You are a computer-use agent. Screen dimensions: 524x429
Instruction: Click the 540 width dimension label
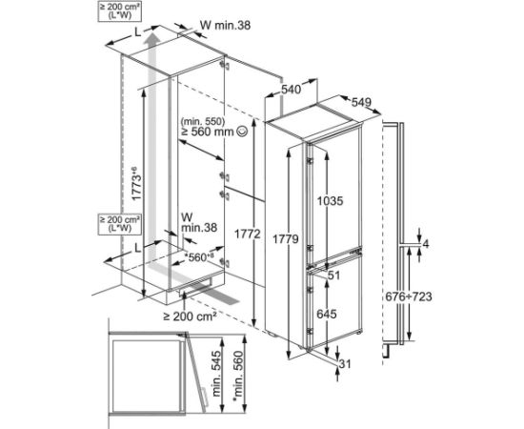pyautogui.click(x=292, y=90)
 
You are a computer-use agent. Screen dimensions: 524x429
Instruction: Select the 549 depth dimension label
pyautogui.click(x=361, y=102)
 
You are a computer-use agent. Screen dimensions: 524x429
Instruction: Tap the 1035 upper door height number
pyautogui.click(x=331, y=200)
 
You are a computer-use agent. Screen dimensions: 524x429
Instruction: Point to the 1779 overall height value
pyautogui.click(x=285, y=238)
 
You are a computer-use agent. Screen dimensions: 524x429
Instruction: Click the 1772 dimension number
pyautogui.click(x=247, y=235)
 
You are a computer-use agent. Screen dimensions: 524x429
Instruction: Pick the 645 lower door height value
pyautogui.click(x=327, y=314)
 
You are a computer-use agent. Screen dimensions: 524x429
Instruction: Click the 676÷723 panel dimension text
pyautogui.click(x=409, y=296)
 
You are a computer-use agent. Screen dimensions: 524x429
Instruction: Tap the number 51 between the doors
pyautogui.click(x=333, y=276)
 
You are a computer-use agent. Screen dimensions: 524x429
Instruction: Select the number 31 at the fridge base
pyautogui.click(x=345, y=363)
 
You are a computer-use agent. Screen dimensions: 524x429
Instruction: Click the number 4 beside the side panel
pyautogui.click(x=426, y=244)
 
